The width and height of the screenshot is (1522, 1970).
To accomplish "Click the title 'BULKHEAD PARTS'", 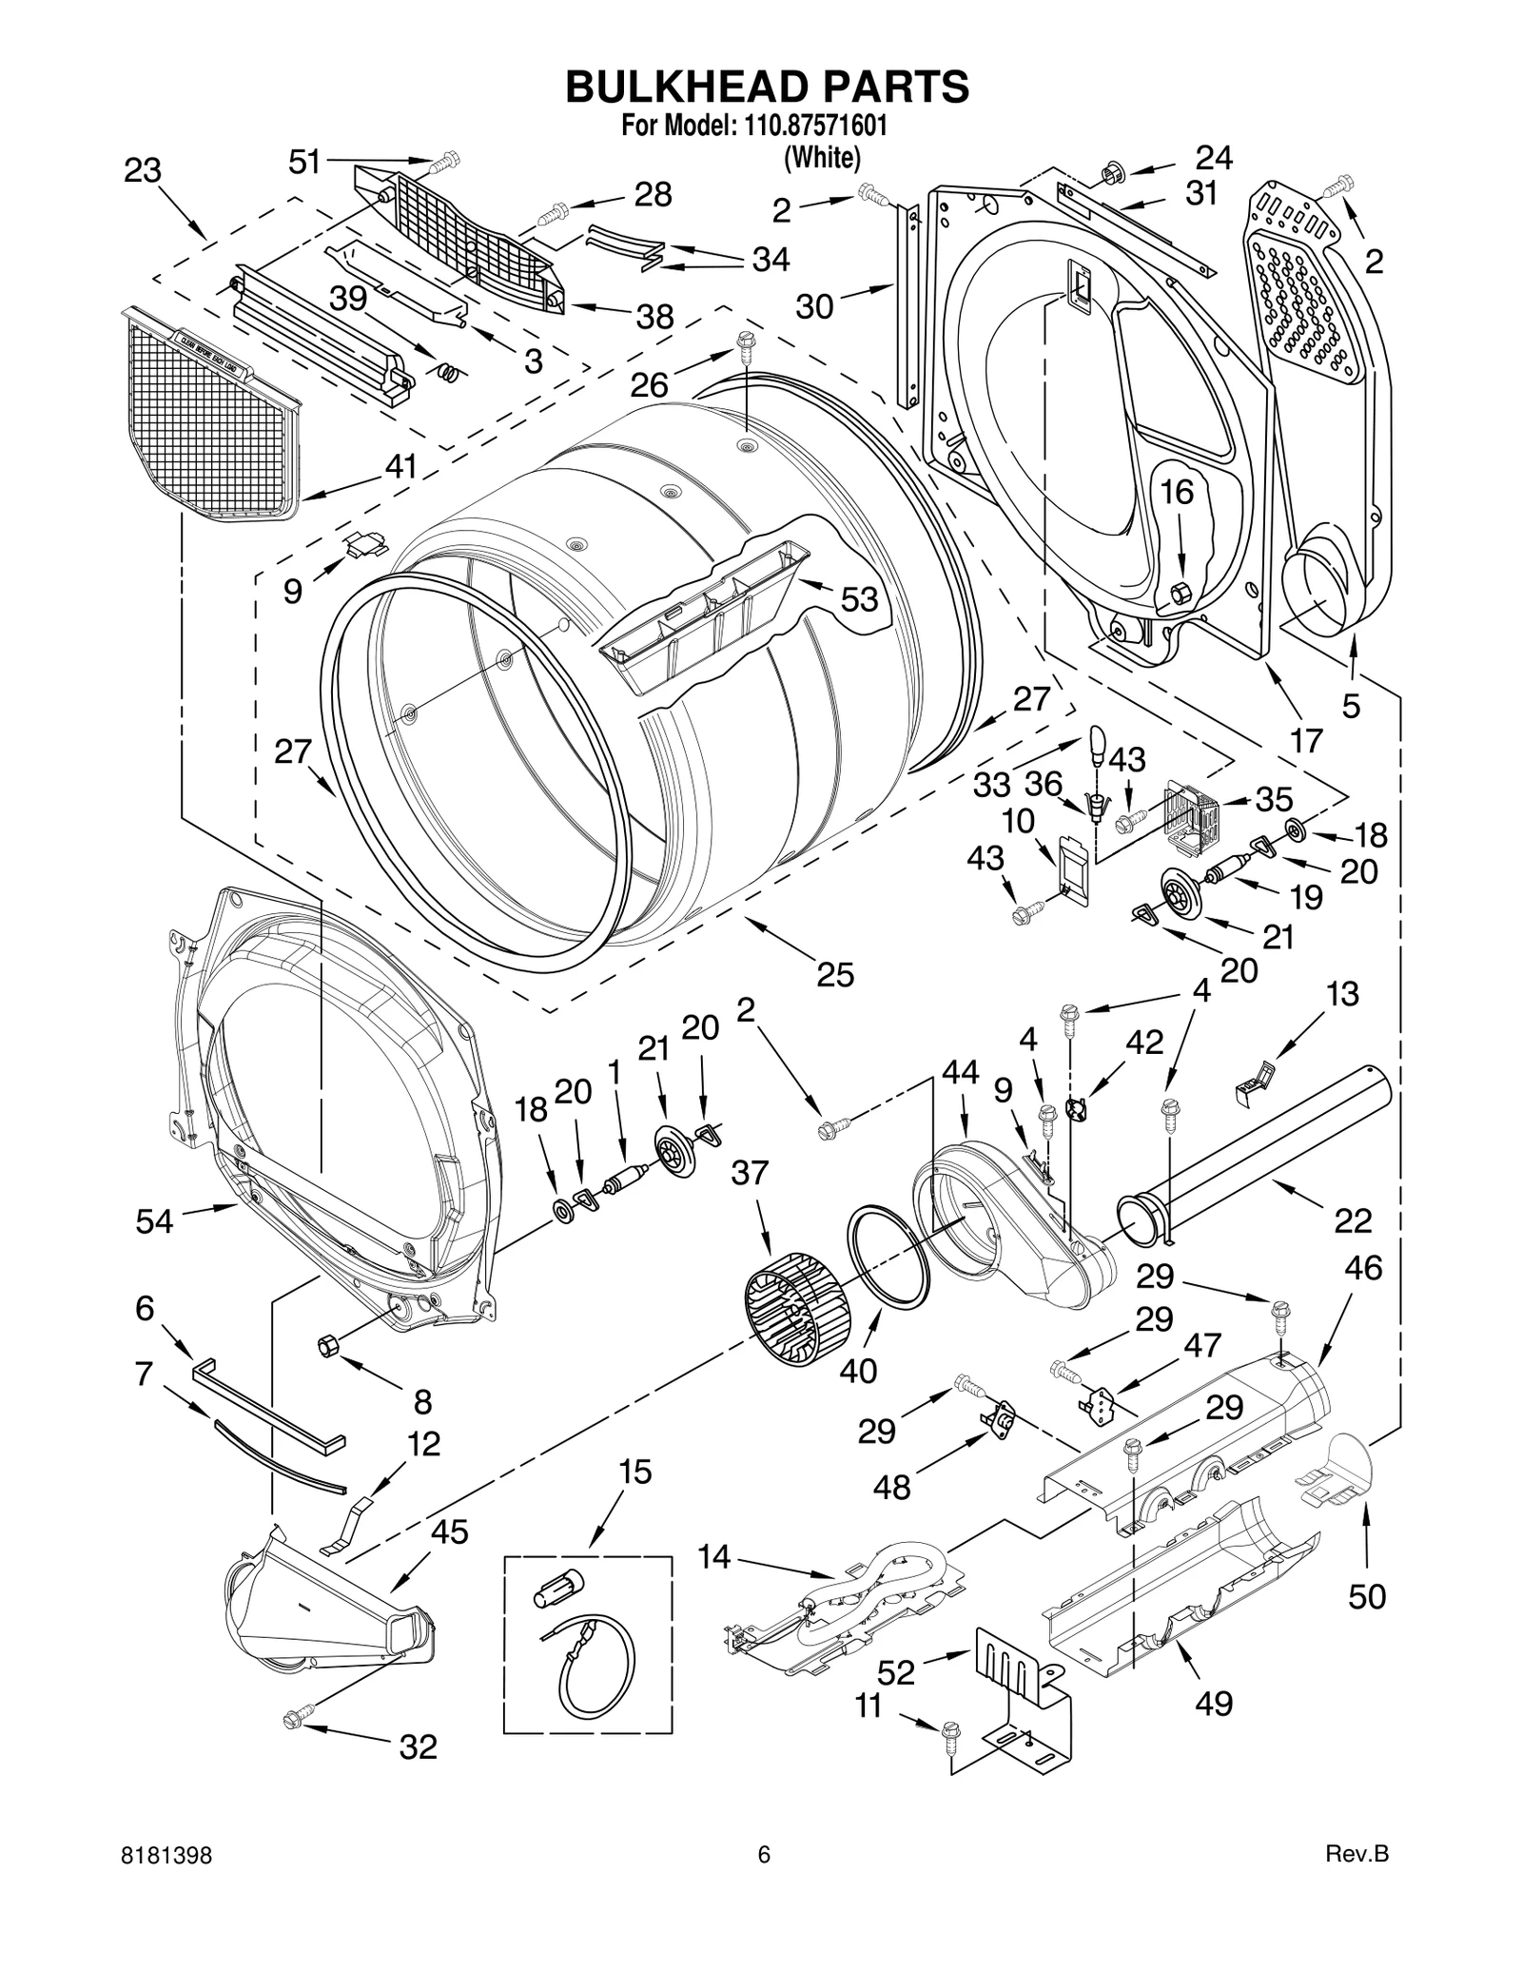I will [x=767, y=87].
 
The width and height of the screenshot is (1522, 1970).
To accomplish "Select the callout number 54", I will [x=154, y=1220].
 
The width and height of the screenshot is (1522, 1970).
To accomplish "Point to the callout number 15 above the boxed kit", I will [x=634, y=1472].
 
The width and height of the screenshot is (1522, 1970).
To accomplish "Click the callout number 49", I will [x=1213, y=1702].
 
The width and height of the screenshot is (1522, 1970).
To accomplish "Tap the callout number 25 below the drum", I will [x=834, y=974].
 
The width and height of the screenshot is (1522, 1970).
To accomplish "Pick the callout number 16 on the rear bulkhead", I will [x=1177, y=492].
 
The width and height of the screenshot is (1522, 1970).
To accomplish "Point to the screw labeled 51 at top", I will [x=443, y=165].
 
